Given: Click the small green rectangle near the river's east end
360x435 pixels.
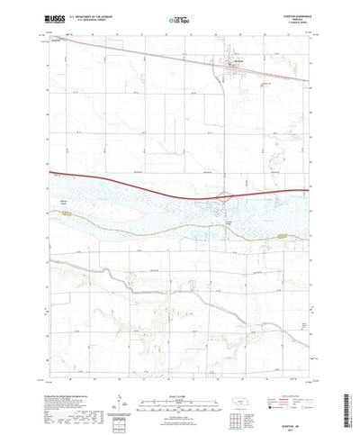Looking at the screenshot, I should coord(285,237).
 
